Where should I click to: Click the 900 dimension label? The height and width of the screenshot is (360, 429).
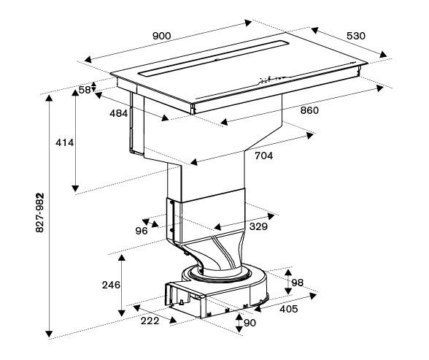point(162,36)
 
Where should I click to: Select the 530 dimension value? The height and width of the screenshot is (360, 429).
point(356,36)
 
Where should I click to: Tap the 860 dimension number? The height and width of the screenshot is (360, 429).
point(309,110)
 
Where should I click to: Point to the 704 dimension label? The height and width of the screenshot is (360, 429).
point(264,156)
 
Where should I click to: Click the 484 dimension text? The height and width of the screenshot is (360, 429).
point(119,113)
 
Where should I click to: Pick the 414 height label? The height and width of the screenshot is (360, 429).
point(64,142)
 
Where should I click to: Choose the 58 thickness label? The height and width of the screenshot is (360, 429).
point(85,90)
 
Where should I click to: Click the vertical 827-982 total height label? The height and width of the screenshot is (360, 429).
point(40,212)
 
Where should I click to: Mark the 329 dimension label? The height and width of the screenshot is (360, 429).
point(258,226)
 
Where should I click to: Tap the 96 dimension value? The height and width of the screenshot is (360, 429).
point(142,231)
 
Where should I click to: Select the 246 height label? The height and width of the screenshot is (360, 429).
point(111,285)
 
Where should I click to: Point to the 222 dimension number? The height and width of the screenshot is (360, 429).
point(150,321)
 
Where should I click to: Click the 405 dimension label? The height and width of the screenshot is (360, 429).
point(289,309)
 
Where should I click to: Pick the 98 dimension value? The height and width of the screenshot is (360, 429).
point(298,283)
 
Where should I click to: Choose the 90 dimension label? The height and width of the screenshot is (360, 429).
point(250,323)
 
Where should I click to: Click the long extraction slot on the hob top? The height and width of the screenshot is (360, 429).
point(213,58)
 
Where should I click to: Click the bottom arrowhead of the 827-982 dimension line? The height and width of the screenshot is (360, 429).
point(49,334)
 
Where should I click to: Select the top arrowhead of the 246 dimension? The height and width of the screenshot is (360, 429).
point(122,258)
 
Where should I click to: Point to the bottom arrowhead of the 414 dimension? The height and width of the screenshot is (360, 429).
point(75,188)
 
